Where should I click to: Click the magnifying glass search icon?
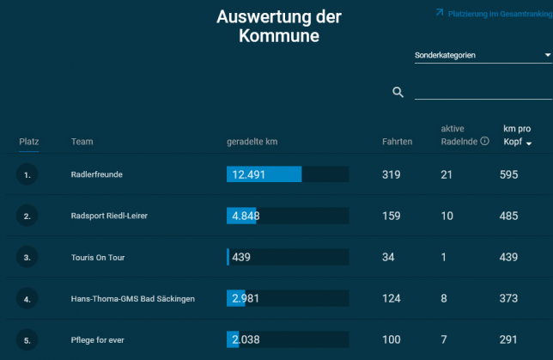(398, 92)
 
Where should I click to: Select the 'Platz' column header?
(29, 141)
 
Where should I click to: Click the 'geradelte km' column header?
(252, 141)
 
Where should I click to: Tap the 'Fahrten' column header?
(397, 141)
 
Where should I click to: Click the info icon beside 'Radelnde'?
(484, 141)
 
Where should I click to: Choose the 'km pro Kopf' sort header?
(517, 135)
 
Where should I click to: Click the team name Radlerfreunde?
(97, 174)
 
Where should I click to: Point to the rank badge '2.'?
(27, 217)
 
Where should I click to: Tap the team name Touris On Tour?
(99, 257)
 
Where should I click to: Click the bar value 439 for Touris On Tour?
(240, 257)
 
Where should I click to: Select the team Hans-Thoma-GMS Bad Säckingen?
(133, 299)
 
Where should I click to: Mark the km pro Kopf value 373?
(508, 298)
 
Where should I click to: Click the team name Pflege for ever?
(98, 340)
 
